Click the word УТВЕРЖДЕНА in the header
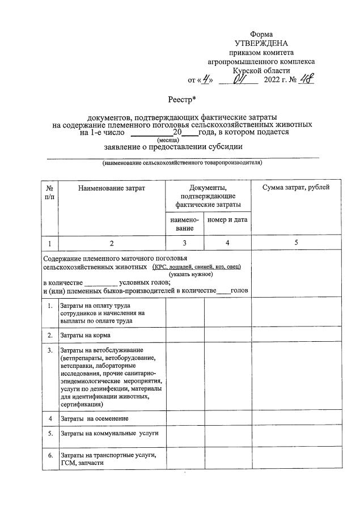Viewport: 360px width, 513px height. [261, 43]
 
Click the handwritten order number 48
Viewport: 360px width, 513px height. [306, 79]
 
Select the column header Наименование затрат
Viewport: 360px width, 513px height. [112, 188]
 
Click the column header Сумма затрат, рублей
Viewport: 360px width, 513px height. [297, 188]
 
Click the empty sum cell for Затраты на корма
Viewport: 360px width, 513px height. [297, 336]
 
